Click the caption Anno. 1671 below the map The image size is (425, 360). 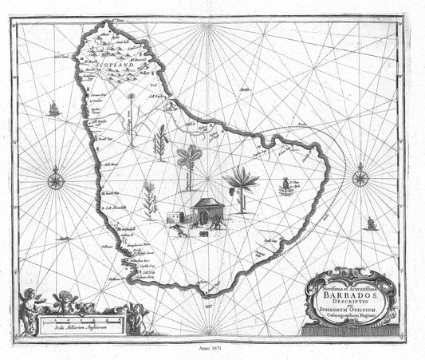click(x=211, y=350)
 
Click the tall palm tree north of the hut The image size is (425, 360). click(x=190, y=164)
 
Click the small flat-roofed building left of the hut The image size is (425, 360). click(x=175, y=216)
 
